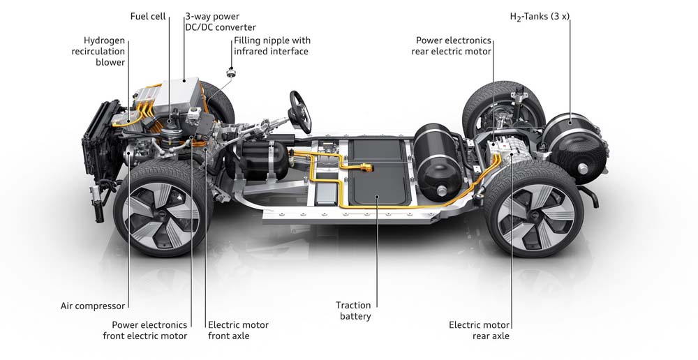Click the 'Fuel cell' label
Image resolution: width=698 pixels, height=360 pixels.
click(147, 16)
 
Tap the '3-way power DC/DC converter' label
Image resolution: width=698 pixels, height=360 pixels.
click(220, 22)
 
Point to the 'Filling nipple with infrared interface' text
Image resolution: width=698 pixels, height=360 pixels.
click(272, 46)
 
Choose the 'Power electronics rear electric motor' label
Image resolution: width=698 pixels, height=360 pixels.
click(452, 46)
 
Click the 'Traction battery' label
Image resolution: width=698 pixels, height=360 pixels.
click(353, 310)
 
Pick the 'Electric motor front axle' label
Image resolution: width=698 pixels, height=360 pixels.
click(238, 330)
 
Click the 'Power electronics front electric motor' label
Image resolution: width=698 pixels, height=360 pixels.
click(149, 330)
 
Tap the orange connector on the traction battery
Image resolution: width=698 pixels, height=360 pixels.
click(364, 167)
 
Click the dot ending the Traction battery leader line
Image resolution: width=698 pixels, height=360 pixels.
click(377, 197)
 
